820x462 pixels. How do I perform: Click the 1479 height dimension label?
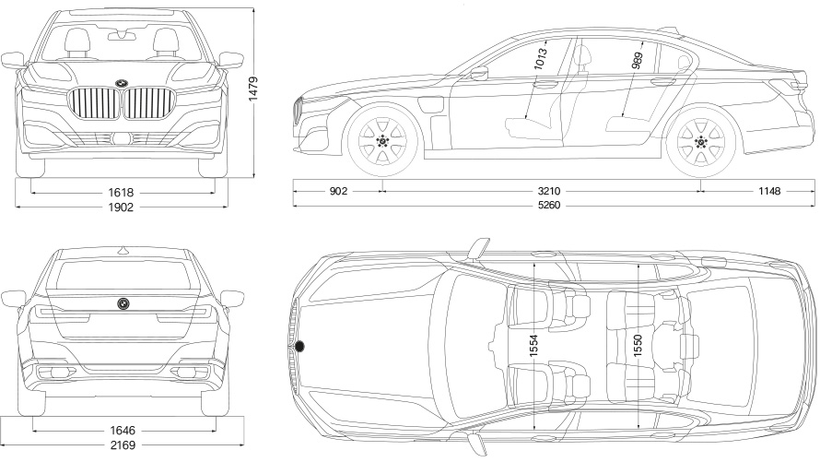pyautogui.click(x=264, y=89)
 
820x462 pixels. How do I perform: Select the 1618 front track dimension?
pyautogui.click(x=121, y=193)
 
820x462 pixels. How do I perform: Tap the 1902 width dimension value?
pyautogui.click(x=121, y=207)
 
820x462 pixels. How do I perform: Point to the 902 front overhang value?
pyautogui.click(x=337, y=191)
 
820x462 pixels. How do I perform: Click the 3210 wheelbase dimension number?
pyautogui.click(x=549, y=191)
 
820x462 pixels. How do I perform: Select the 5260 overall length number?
pyautogui.click(x=549, y=205)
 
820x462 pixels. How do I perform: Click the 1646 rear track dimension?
pyautogui.click(x=122, y=430)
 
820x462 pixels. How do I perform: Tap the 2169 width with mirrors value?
pyautogui.click(x=121, y=445)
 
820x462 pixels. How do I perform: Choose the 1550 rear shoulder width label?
pyautogui.click(x=638, y=348)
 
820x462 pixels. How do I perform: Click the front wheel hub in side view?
pyautogui.click(x=382, y=141)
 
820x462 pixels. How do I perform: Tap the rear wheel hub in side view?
pyautogui.click(x=701, y=141)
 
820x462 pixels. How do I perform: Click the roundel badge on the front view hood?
pyautogui.click(x=122, y=84)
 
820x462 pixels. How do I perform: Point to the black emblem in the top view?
pyautogui.click(x=300, y=347)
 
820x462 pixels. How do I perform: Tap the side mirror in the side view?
pyautogui.click(x=478, y=74)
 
